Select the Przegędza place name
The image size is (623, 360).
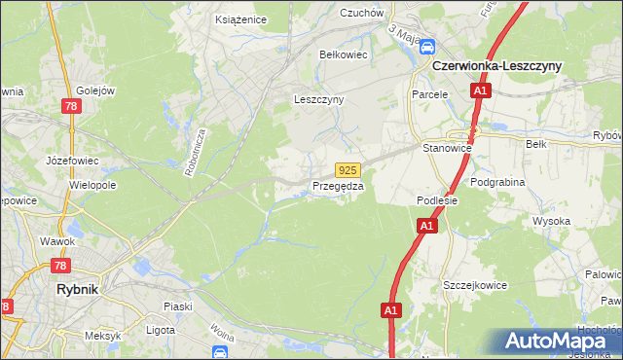click(338, 186)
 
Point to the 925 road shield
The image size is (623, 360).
click(349, 169)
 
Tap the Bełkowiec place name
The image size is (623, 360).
click(344, 54)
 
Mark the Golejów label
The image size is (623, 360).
click(96, 91)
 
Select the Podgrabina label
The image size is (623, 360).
click(496, 183)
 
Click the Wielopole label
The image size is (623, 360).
click(92, 184)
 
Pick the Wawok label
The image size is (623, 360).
click(57, 240)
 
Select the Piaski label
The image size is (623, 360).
click(177, 306)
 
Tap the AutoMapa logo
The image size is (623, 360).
click(562, 342)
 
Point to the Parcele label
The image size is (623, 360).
click(429, 94)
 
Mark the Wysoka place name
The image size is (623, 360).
click(551, 221)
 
